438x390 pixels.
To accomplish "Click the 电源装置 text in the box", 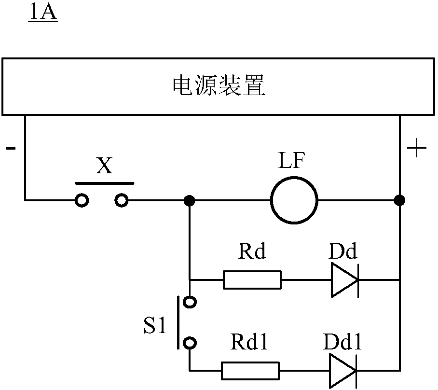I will (219, 87).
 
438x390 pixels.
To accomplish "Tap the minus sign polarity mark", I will (10, 148).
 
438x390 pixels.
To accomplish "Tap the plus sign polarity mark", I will (417, 149).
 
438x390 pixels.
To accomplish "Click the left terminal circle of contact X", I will (82, 200).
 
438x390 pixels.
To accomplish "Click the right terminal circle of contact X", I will (122, 200).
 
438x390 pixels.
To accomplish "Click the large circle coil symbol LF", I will (294, 199).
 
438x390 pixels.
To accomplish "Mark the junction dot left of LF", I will (190, 200).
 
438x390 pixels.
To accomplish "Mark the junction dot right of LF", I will (399, 200).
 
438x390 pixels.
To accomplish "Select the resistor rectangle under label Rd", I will (252, 279).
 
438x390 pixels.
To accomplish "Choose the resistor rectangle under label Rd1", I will (250, 371).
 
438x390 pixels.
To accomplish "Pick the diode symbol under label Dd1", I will (343, 371).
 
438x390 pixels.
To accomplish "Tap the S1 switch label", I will (154, 328).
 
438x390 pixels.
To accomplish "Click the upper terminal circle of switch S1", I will (191, 302).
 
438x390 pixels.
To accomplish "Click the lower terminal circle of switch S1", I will (191, 343).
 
